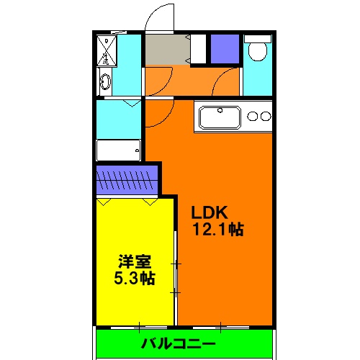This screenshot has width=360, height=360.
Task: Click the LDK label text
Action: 209,214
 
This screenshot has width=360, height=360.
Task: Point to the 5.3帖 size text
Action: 135,277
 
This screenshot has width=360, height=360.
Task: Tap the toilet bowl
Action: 256,53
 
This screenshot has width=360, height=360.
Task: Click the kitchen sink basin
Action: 220,117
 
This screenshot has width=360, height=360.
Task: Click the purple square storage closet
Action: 224,50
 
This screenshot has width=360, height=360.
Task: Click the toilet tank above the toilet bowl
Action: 256,37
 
